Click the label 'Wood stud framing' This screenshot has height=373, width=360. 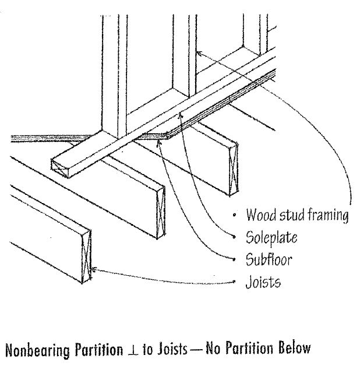tap(297, 215)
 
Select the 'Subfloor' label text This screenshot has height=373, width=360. tap(269, 259)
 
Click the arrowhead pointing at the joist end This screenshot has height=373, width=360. tap(94, 269)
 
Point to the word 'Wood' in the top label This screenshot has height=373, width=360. tap(260, 215)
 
